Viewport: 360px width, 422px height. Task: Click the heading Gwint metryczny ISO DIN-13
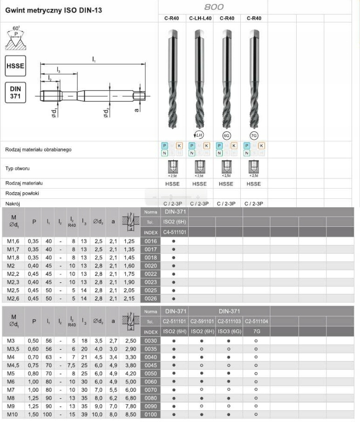click(x=54, y=10)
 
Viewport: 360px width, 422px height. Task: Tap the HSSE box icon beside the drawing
click(x=15, y=66)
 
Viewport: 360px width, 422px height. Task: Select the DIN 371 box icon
click(x=15, y=92)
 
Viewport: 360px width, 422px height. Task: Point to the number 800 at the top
click(x=214, y=7)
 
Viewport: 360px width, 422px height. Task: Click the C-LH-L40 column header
click(x=200, y=19)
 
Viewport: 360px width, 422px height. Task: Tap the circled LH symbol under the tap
click(x=198, y=135)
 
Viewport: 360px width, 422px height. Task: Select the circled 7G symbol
click(x=254, y=135)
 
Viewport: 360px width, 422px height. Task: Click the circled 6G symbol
click(x=227, y=135)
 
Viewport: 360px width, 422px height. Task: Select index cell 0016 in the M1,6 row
click(x=150, y=241)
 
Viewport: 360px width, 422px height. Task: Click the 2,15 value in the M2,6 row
click(x=129, y=298)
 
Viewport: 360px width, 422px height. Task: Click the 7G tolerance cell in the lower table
click(x=256, y=332)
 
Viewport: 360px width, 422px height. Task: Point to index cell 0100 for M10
click(x=150, y=414)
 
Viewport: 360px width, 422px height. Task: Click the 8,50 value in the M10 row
click(x=129, y=414)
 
